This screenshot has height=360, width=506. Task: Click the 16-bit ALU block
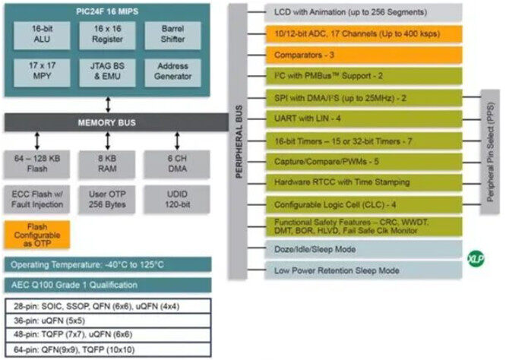[x=42, y=36]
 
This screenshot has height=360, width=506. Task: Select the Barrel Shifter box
[x=172, y=36]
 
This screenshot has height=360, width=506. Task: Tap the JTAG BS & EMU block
[x=107, y=73]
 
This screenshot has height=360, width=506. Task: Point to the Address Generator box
[x=172, y=73]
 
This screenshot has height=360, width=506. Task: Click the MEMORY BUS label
[x=107, y=122]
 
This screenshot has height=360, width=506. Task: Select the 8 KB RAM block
[x=107, y=164]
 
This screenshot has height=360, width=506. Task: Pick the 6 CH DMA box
[x=177, y=164]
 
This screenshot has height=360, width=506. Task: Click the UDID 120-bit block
[x=177, y=199]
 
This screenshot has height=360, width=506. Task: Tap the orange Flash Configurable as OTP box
[x=37, y=235]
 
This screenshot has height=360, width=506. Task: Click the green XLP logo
[x=476, y=259]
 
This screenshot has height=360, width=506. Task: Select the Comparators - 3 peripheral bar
[x=364, y=55]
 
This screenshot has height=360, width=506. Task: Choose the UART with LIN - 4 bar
[x=364, y=118]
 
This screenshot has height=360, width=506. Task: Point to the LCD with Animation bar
[x=364, y=13]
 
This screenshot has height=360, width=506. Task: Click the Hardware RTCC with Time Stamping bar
[x=364, y=182]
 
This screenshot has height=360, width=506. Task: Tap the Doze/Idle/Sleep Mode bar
[x=364, y=249]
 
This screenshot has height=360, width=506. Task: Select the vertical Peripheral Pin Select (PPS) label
[x=491, y=152]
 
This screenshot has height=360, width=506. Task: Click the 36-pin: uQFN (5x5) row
[x=108, y=321]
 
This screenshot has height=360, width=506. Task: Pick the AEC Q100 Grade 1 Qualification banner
[x=108, y=285]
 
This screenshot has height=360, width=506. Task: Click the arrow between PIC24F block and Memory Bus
[x=108, y=105]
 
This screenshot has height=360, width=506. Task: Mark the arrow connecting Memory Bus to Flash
[x=37, y=141]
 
